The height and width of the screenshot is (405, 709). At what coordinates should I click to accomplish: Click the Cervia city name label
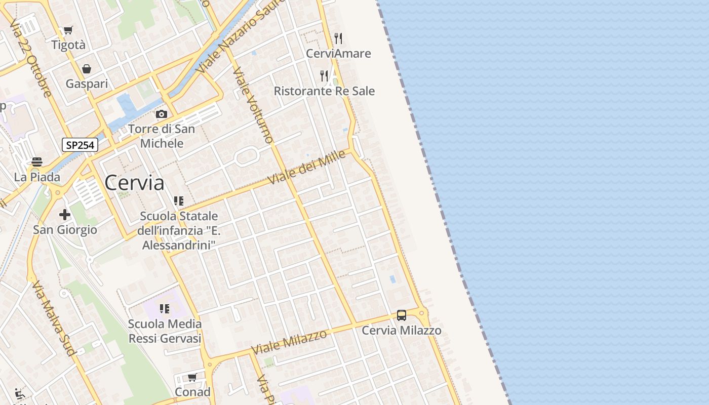(134, 183)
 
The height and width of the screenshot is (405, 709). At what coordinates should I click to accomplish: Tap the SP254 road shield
(80, 145)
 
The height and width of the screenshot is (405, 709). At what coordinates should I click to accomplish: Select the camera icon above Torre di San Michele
(162, 114)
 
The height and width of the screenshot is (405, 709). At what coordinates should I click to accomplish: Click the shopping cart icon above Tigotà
(68, 30)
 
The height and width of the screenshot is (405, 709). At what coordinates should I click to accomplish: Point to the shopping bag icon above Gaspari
(87, 69)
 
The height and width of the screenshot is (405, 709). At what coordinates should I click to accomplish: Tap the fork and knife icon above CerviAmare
(338, 38)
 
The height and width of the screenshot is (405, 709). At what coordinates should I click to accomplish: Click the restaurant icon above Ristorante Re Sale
(324, 76)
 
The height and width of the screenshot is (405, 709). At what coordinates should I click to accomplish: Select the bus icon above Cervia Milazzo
(402, 315)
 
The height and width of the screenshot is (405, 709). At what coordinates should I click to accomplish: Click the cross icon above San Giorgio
(65, 215)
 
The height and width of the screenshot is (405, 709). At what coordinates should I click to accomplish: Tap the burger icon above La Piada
(37, 162)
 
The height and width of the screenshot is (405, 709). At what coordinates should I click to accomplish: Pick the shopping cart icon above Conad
(192, 377)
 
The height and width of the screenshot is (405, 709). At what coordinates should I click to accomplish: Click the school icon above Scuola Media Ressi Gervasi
(165, 308)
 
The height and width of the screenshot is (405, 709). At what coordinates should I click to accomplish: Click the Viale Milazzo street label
(289, 342)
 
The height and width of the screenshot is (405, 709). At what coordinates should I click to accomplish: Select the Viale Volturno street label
(253, 105)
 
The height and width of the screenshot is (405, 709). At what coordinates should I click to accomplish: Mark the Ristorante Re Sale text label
(324, 91)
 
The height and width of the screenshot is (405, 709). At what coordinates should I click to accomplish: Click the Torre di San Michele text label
(162, 136)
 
